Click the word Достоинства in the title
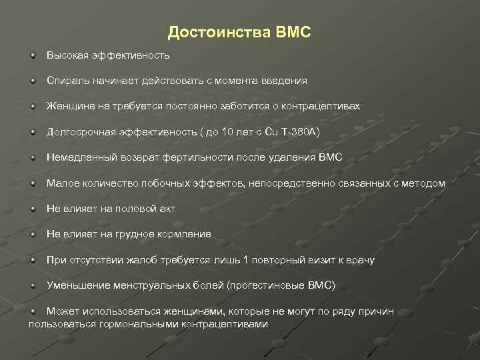click(218, 32)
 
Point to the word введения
click(284, 80)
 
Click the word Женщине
click(69, 106)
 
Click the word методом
click(425, 183)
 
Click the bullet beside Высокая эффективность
click(33, 54)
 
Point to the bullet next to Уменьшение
click(33, 285)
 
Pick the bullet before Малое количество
click(33, 183)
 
